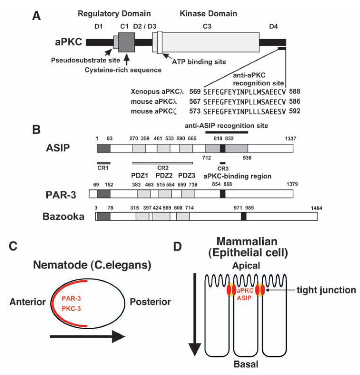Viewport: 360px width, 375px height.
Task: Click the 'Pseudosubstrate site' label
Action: (85, 60)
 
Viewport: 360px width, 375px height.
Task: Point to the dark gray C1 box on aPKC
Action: (126, 42)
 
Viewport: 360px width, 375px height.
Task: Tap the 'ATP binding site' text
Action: (199, 62)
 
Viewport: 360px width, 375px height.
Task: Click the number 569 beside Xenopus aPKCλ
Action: (195, 91)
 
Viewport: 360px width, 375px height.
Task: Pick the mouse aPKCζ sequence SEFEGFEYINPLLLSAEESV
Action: (244, 111)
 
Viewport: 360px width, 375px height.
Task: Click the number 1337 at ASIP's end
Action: (290, 139)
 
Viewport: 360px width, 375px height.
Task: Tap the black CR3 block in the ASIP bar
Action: (223, 148)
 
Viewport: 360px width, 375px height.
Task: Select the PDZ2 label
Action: (164, 176)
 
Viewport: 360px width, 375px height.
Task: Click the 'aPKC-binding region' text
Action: (237, 176)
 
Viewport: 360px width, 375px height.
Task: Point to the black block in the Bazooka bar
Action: (244, 216)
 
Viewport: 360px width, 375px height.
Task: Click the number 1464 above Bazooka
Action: (316, 208)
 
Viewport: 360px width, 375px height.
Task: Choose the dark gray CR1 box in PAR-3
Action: (103, 194)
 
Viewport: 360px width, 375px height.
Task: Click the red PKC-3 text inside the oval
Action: (71, 309)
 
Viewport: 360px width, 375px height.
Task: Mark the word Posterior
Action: (150, 302)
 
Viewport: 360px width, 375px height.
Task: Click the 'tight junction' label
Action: (326, 290)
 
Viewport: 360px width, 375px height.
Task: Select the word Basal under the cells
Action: (246, 364)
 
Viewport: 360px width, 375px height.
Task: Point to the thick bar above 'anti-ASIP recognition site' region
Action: (226, 132)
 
